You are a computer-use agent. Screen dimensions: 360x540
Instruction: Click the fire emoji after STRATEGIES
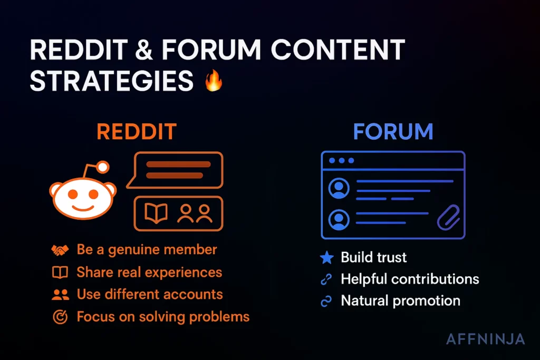click(x=214, y=82)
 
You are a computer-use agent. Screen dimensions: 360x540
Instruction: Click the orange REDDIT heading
click(x=137, y=132)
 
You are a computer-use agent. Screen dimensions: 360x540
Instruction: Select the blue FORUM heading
click(x=393, y=132)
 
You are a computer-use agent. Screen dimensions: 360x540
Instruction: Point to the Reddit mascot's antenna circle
click(x=103, y=168)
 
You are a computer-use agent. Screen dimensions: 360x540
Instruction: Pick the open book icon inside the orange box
click(x=156, y=213)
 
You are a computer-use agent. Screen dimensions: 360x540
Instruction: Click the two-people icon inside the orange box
click(x=195, y=213)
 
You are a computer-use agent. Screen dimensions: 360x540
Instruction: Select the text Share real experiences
click(x=149, y=272)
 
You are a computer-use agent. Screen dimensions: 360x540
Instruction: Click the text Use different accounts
click(x=150, y=294)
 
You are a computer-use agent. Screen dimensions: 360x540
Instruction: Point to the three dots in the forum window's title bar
click(x=341, y=160)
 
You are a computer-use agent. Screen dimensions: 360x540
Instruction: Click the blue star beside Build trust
click(x=327, y=258)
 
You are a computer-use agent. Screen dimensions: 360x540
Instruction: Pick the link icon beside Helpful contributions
click(x=327, y=279)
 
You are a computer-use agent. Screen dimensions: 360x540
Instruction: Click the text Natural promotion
click(x=400, y=301)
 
